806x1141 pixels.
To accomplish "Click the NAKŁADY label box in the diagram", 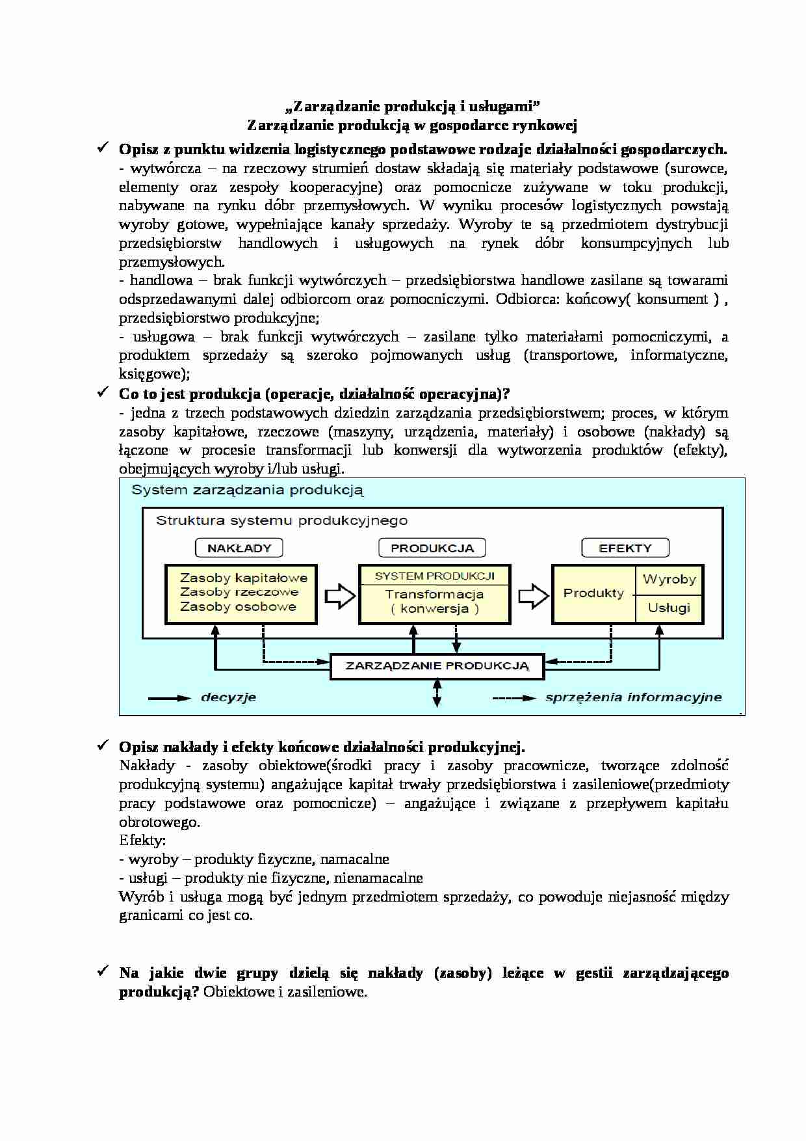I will (239, 548).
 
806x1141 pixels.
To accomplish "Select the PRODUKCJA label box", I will (432, 548).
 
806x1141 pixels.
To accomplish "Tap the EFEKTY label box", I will (625, 548).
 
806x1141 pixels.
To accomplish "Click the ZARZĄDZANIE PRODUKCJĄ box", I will (437, 666).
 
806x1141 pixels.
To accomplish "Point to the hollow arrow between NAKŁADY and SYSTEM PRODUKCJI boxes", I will (339, 596).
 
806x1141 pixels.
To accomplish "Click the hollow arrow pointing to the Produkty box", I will (533, 596).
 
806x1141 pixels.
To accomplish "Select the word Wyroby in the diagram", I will (669, 579).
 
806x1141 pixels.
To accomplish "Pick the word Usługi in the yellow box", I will (669, 608).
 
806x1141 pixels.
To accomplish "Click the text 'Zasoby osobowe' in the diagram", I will (238, 606).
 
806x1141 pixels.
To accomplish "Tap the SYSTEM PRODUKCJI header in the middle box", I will (434, 576).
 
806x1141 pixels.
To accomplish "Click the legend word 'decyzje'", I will (228, 697).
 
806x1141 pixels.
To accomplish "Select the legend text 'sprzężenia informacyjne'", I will (633, 697).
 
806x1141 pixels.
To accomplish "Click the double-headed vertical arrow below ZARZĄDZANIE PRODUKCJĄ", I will (437, 693).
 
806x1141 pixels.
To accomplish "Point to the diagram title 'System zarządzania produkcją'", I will (247, 490).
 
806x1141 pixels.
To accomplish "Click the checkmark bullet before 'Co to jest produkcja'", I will (103, 392).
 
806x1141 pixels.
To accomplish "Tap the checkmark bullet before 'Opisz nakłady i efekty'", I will (103, 745).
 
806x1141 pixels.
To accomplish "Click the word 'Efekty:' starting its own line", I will (142, 840).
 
